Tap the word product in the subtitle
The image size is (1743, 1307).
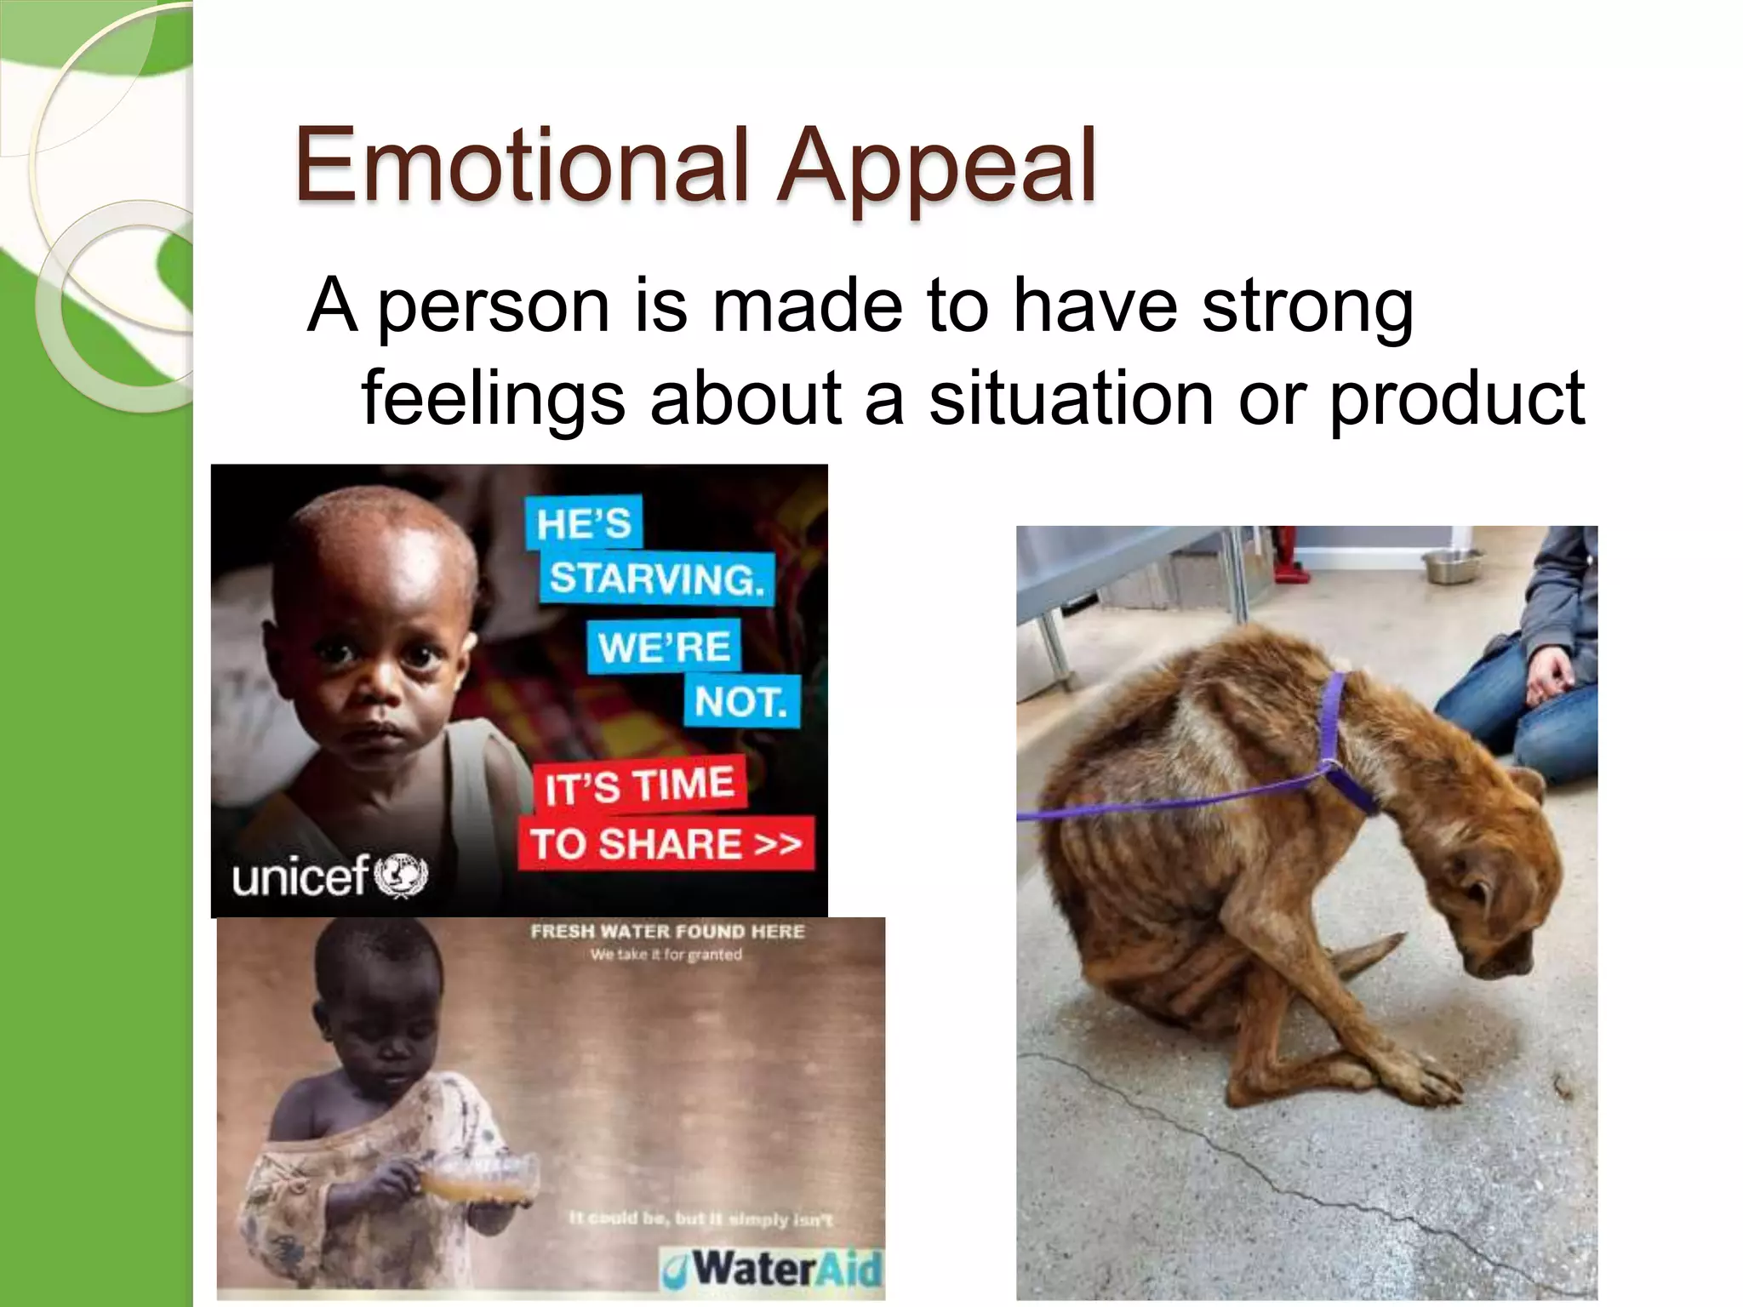1456,400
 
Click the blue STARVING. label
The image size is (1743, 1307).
656,579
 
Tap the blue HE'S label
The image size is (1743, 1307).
584,522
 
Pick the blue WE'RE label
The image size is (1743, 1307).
664,647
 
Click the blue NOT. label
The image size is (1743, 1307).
740,702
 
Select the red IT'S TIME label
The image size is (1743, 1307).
639,784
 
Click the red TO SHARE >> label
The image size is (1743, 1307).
666,844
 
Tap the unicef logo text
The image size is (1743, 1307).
300,876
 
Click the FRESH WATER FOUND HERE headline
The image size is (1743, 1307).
667,932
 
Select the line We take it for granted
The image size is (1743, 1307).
666,955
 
